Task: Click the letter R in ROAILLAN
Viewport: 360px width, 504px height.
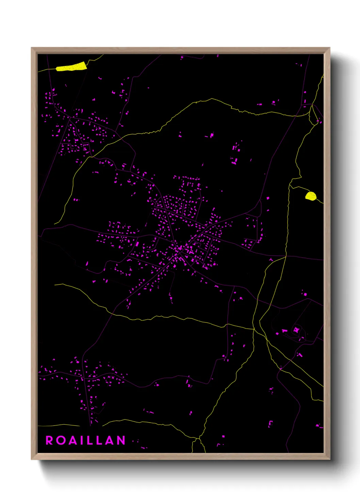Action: pos(49,440)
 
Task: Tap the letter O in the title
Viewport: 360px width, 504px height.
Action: pos(62,440)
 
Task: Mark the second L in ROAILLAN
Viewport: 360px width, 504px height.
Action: pos(100,440)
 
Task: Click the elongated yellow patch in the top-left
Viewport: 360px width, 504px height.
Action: pos(71,67)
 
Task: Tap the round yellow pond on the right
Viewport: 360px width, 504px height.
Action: pos(311,196)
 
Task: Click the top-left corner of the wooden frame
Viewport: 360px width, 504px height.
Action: pos(32,48)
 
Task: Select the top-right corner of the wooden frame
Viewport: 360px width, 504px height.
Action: pos(329,48)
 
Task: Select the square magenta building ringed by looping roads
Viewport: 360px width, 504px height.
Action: pos(296,330)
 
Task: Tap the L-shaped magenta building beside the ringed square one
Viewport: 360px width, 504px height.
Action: pos(284,331)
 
